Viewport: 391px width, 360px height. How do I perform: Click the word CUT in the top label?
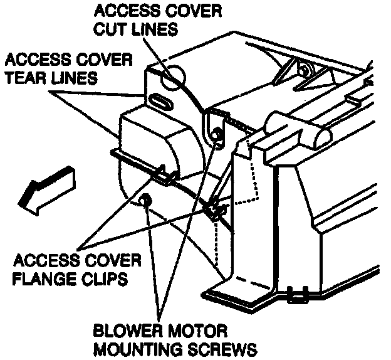(x=110, y=29)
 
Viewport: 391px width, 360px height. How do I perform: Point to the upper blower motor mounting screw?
(x=216, y=133)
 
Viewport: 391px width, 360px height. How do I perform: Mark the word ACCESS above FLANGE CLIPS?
(x=42, y=259)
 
